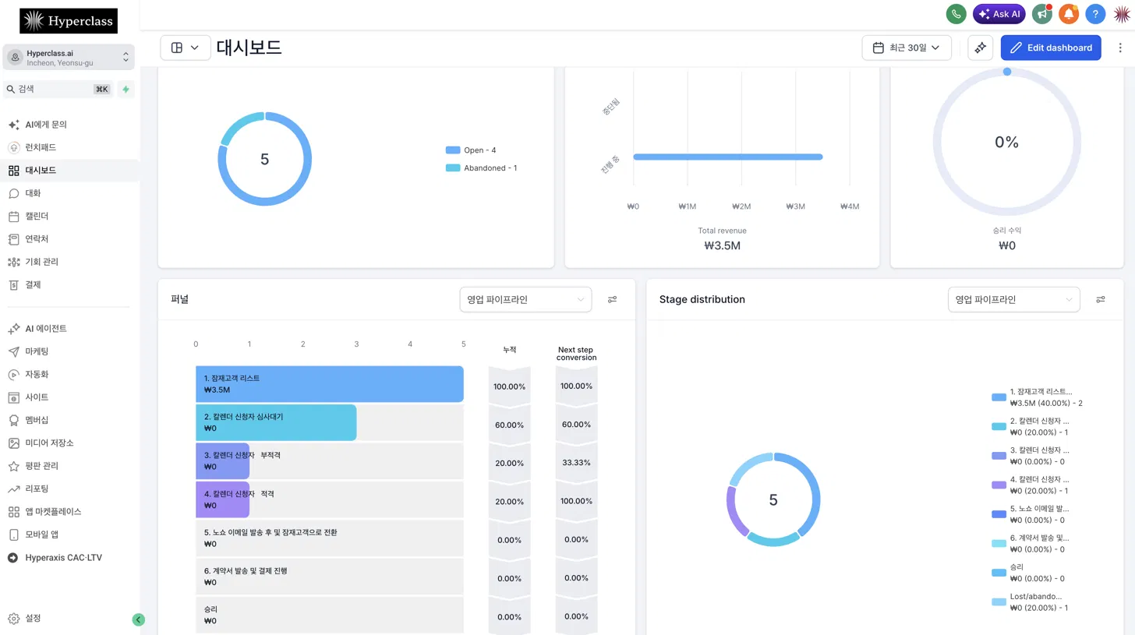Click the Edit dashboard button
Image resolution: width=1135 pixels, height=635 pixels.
tap(1050, 48)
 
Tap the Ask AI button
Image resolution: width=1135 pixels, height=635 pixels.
tap(999, 14)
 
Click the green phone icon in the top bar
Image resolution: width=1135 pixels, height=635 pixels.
tap(956, 14)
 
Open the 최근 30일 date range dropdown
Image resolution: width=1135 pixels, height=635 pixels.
tap(907, 48)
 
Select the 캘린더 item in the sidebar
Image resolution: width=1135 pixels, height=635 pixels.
tap(37, 217)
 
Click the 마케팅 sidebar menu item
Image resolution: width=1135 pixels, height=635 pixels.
tap(37, 351)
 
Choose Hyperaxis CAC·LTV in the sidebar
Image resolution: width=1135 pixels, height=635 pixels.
tap(63, 558)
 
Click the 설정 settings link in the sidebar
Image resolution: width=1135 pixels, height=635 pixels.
tap(33, 619)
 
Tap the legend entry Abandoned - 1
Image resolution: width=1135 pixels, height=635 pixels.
tap(482, 168)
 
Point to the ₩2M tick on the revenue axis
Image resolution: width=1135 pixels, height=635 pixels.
tap(741, 206)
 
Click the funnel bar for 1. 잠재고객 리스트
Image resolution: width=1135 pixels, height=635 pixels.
tap(329, 384)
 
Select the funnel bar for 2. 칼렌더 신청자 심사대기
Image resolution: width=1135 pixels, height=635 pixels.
tap(276, 422)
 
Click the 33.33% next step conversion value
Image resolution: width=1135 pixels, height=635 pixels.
tap(576, 463)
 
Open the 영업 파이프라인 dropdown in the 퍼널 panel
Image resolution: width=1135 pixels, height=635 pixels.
tap(525, 300)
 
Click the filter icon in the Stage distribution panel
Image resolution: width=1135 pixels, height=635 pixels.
tap(1101, 300)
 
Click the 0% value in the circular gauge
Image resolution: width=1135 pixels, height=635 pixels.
tap(1006, 143)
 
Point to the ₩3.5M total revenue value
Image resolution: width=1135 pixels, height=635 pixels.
tap(722, 245)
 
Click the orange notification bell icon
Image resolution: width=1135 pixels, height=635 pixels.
tap(1069, 14)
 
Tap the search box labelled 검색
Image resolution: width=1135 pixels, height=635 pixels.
tap(57, 89)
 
